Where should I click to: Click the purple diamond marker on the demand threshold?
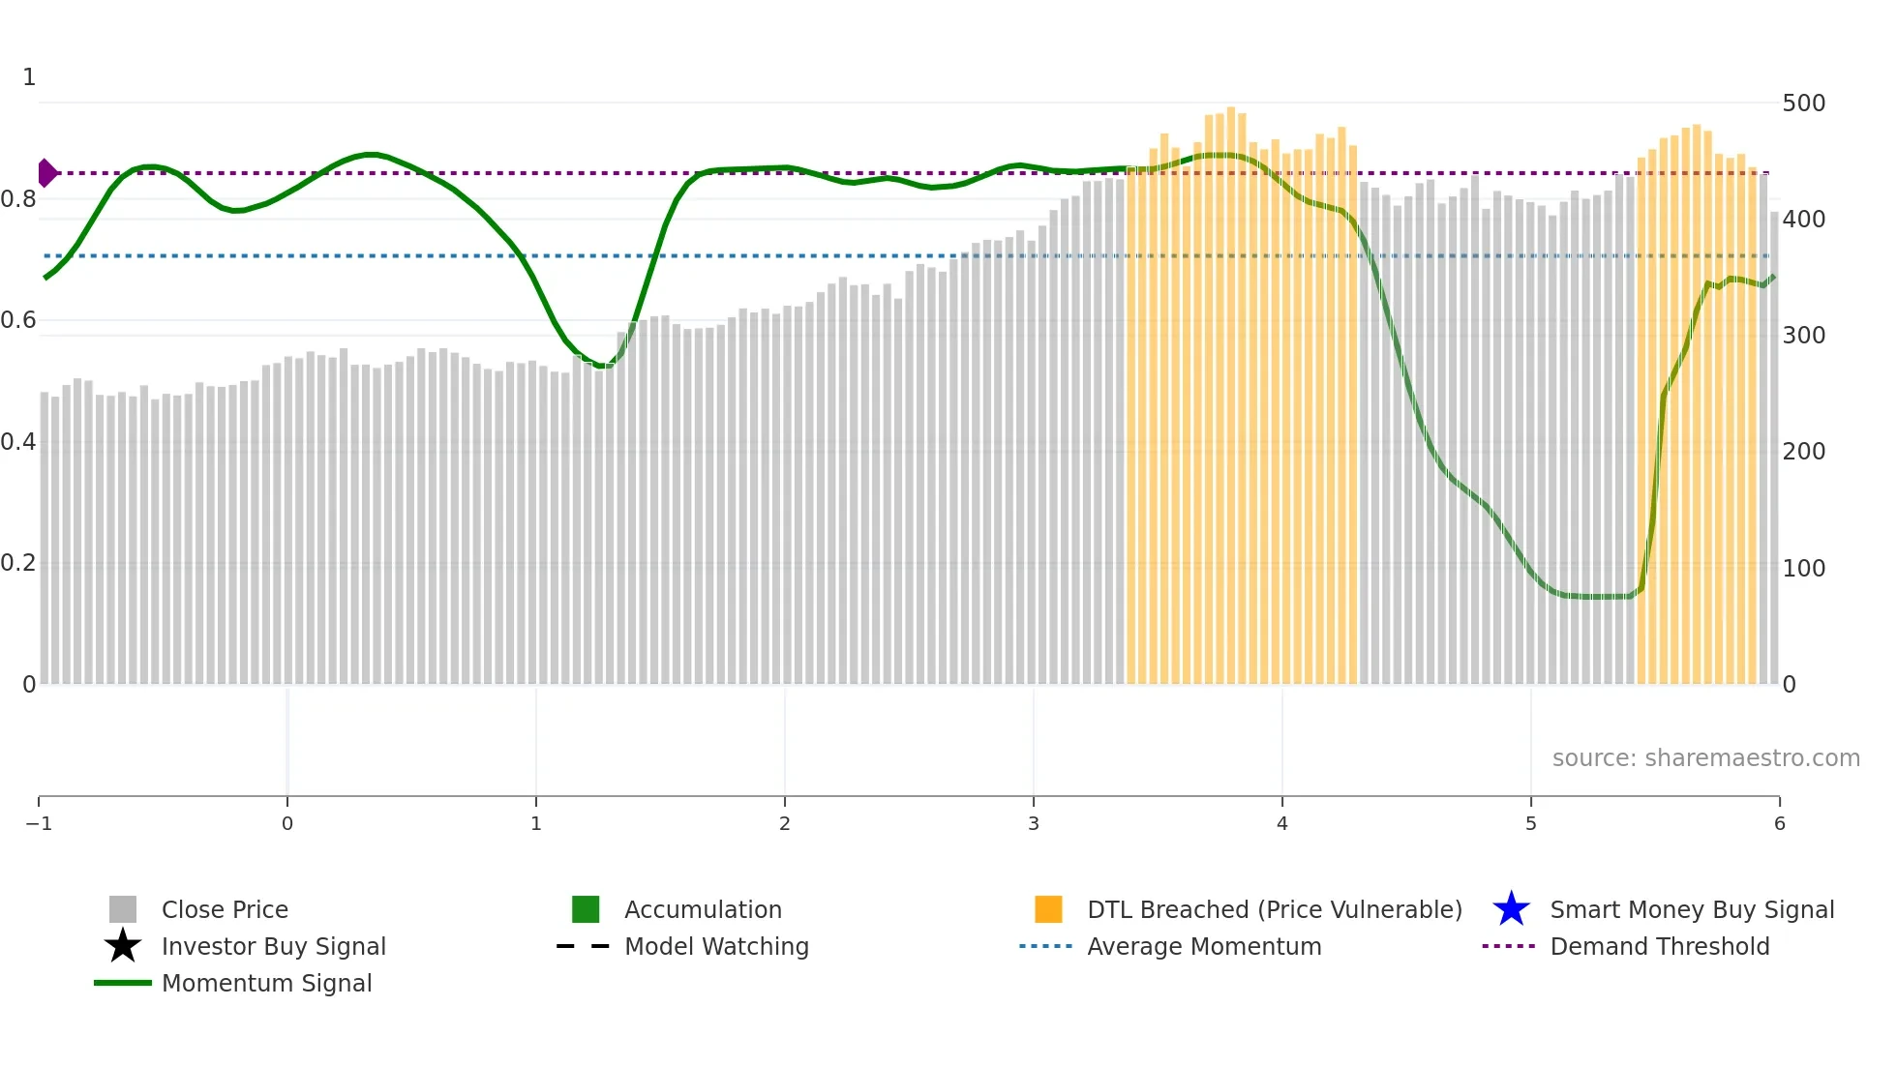[x=46, y=173]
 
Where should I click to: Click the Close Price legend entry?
[x=224, y=909]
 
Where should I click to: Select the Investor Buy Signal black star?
[x=123, y=946]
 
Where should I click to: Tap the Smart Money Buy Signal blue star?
[x=1511, y=909]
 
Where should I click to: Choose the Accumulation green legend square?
[x=586, y=909]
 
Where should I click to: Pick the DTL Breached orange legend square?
[x=1048, y=909]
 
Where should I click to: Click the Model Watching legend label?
[x=716, y=946]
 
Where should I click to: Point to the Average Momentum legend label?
[x=1204, y=946]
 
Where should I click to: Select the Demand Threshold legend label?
[x=1659, y=946]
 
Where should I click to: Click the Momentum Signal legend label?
[x=266, y=983]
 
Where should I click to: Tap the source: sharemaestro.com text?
[x=1705, y=757]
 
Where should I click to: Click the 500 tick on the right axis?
[x=1803, y=104]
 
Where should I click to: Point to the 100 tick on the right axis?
[x=1803, y=568]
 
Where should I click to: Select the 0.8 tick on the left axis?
[x=18, y=199]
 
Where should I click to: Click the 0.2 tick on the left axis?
[x=18, y=563]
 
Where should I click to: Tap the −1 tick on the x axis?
[x=39, y=823]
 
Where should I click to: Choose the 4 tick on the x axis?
[x=1281, y=823]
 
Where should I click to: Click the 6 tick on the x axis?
[x=1779, y=823]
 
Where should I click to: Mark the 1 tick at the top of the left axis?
[x=29, y=77]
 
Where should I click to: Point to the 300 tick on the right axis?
[x=1803, y=336]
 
